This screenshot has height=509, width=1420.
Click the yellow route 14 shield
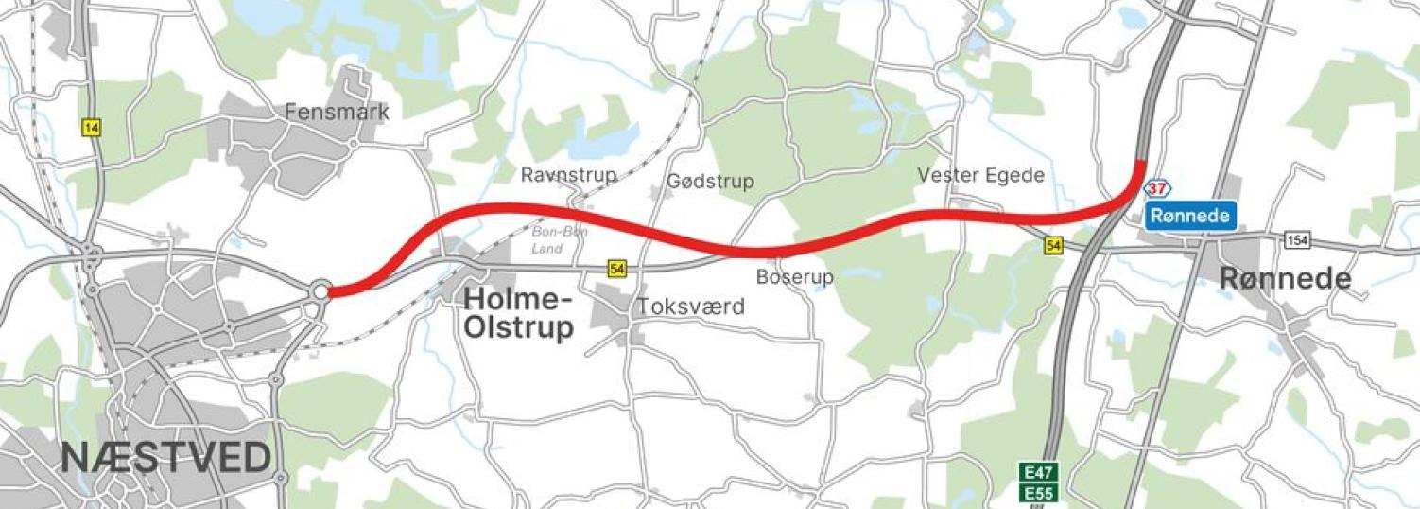pos(91,128)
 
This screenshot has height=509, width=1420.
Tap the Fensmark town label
pos(337,112)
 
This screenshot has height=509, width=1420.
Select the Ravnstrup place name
pos(568,175)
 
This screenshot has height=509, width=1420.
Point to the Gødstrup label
pos(710,181)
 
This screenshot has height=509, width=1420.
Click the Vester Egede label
pos(980,175)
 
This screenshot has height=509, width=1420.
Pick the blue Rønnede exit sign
pos(1191,216)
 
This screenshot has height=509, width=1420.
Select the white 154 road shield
pos(1298,241)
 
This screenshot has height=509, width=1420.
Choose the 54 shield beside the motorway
pos(1054,246)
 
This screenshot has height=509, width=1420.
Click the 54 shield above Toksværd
pos(617,270)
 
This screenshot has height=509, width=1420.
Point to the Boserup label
pos(794,277)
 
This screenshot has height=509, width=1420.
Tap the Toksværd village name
pos(690,307)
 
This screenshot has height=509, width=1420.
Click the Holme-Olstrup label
pos(518,314)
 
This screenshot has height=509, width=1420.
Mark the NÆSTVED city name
pos(165,457)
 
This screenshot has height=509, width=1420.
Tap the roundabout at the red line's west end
pos(320,291)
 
